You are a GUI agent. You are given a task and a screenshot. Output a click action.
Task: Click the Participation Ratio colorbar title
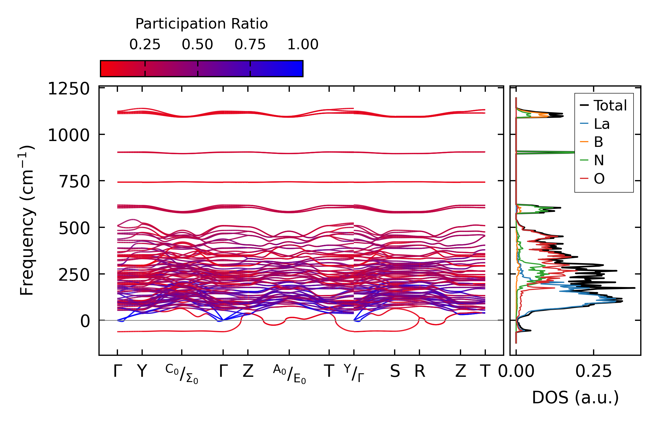coord(202,24)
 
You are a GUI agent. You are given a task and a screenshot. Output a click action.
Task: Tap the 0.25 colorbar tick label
coord(145,45)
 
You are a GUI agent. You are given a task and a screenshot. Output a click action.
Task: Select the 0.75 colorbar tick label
coord(250,45)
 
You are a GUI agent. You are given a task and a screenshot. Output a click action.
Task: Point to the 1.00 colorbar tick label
coord(303,45)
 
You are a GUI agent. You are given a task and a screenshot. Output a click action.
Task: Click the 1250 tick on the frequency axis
coord(69,89)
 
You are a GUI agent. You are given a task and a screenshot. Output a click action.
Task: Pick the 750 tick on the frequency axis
coord(74,182)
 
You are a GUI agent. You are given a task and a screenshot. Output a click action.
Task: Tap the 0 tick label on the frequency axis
coord(85,321)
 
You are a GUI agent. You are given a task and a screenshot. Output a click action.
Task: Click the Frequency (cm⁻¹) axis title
coord(27,220)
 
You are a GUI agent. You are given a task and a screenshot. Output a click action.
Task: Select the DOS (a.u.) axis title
coord(575,397)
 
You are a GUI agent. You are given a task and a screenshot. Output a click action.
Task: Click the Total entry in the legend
coord(610,105)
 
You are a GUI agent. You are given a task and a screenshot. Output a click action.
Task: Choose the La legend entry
coord(601,124)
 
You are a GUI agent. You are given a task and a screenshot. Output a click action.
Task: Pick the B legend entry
coord(598,142)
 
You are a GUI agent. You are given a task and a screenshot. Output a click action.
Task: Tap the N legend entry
coord(599,160)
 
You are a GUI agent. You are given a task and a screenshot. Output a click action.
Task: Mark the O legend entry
coord(599,179)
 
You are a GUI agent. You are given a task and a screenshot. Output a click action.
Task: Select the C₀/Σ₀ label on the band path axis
coord(182,374)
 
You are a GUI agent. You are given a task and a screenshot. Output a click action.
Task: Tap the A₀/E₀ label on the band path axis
coord(289,374)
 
